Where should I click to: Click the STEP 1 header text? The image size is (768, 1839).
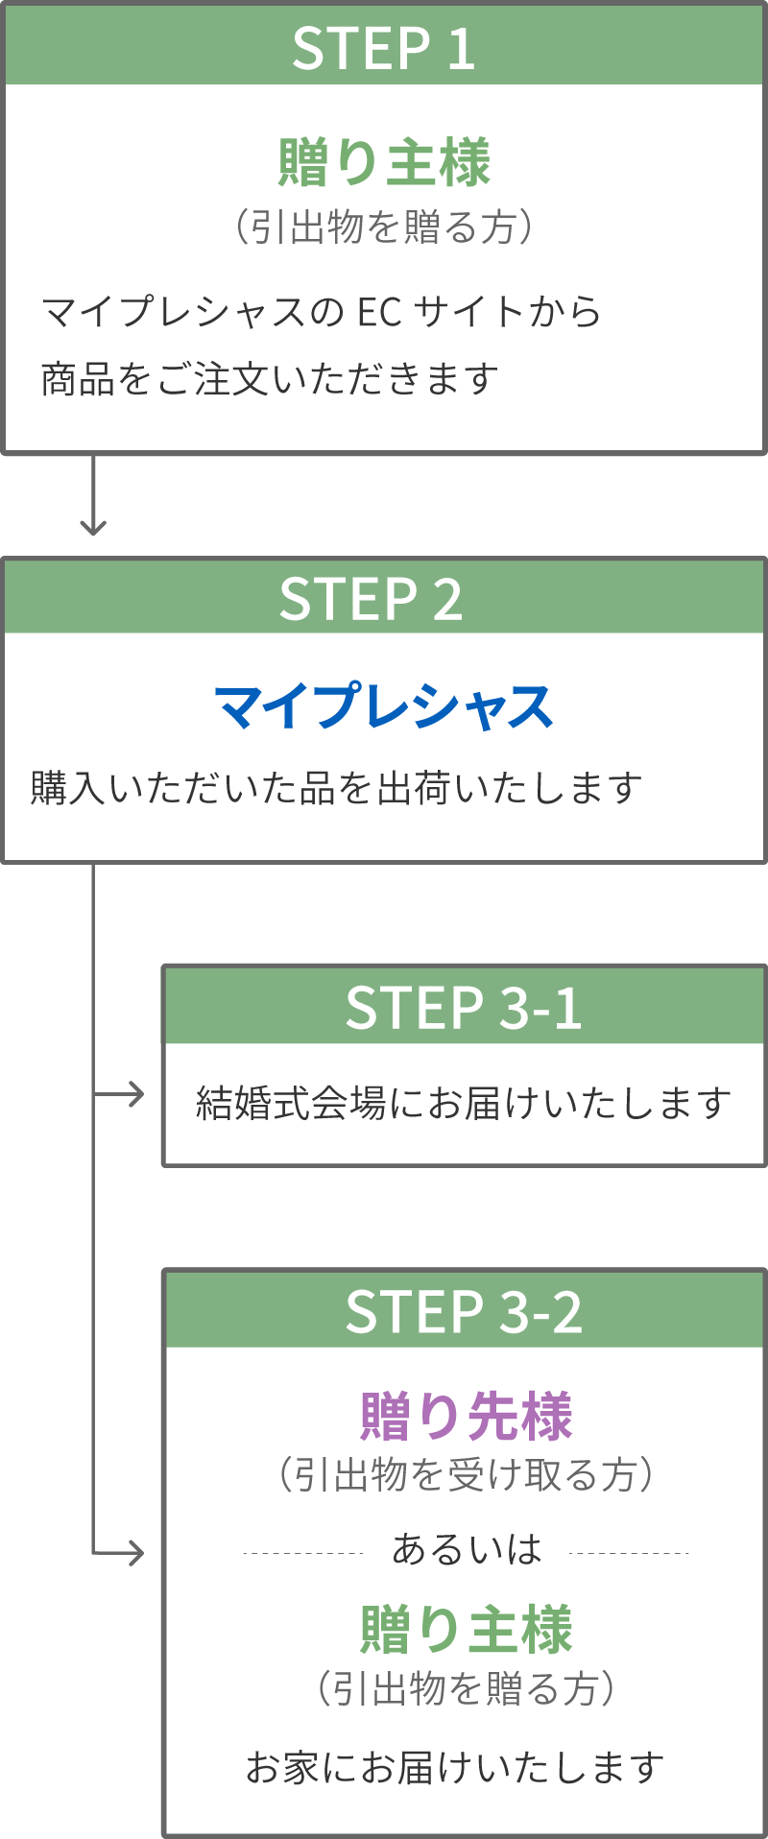(x=383, y=48)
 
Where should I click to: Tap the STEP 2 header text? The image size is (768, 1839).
(x=371, y=599)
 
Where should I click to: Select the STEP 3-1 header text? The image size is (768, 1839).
(x=464, y=1008)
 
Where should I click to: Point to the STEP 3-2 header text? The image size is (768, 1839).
(x=464, y=1312)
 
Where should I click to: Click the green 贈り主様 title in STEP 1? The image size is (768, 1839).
(x=384, y=162)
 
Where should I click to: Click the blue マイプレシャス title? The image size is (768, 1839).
(x=384, y=707)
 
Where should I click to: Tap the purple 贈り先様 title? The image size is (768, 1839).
(x=466, y=1416)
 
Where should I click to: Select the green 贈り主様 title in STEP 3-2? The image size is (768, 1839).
(x=466, y=1630)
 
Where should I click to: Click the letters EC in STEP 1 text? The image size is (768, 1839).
(x=379, y=312)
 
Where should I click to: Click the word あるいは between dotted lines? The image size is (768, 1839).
(x=467, y=1549)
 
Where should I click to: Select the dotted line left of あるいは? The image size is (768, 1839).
(x=302, y=1552)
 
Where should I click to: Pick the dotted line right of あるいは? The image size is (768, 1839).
(x=629, y=1552)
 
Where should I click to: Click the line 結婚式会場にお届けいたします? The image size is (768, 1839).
(x=464, y=1103)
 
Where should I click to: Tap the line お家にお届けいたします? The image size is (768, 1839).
(x=455, y=1767)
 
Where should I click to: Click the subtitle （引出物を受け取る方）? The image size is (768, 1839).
(x=466, y=1474)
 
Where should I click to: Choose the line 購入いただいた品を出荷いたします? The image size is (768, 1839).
(x=336, y=788)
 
